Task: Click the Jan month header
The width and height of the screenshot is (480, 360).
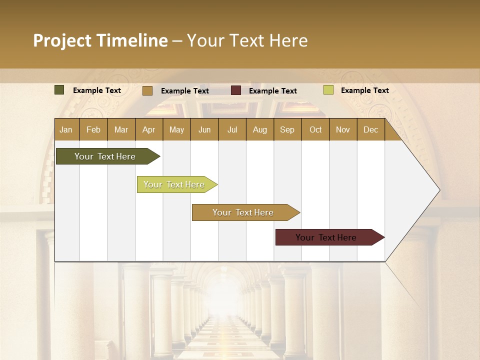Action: click(66, 129)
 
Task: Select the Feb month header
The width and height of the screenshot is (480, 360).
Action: click(93, 129)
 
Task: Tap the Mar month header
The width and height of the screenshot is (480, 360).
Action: click(121, 129)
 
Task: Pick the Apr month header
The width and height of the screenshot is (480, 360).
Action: click(149, 129)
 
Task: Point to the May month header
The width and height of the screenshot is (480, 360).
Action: click(176, 129)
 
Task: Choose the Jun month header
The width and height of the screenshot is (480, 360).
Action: click(204, 129)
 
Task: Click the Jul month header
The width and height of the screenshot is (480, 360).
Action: click(232, 129)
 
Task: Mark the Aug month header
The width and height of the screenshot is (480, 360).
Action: click(260, 129)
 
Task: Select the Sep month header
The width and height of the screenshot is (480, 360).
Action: click(287, 129)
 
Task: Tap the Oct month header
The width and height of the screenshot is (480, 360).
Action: click(315, 129)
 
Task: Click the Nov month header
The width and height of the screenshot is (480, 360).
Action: click(343, 129)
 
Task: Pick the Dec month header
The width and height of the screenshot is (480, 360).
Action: click(371, 129)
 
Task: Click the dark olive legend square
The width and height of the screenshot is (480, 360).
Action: click(59, 90)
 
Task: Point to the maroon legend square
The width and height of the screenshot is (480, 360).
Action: click(236, 90)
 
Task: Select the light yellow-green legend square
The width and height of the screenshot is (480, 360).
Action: click(328, 90)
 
